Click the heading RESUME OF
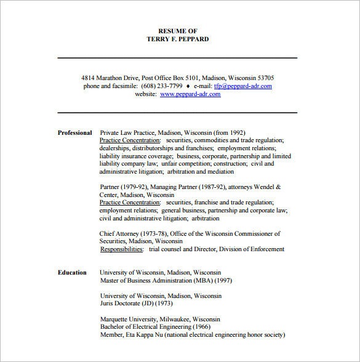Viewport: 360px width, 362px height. [x=177, y=31]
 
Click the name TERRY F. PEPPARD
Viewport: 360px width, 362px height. [x=177, y=39]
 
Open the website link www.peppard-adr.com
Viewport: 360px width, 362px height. [x=190, y=94]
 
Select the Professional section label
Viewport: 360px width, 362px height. [x=74, y=132]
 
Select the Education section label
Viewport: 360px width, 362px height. [x=72, y=272]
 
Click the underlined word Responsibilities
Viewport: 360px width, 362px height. [x=122, y=249]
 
